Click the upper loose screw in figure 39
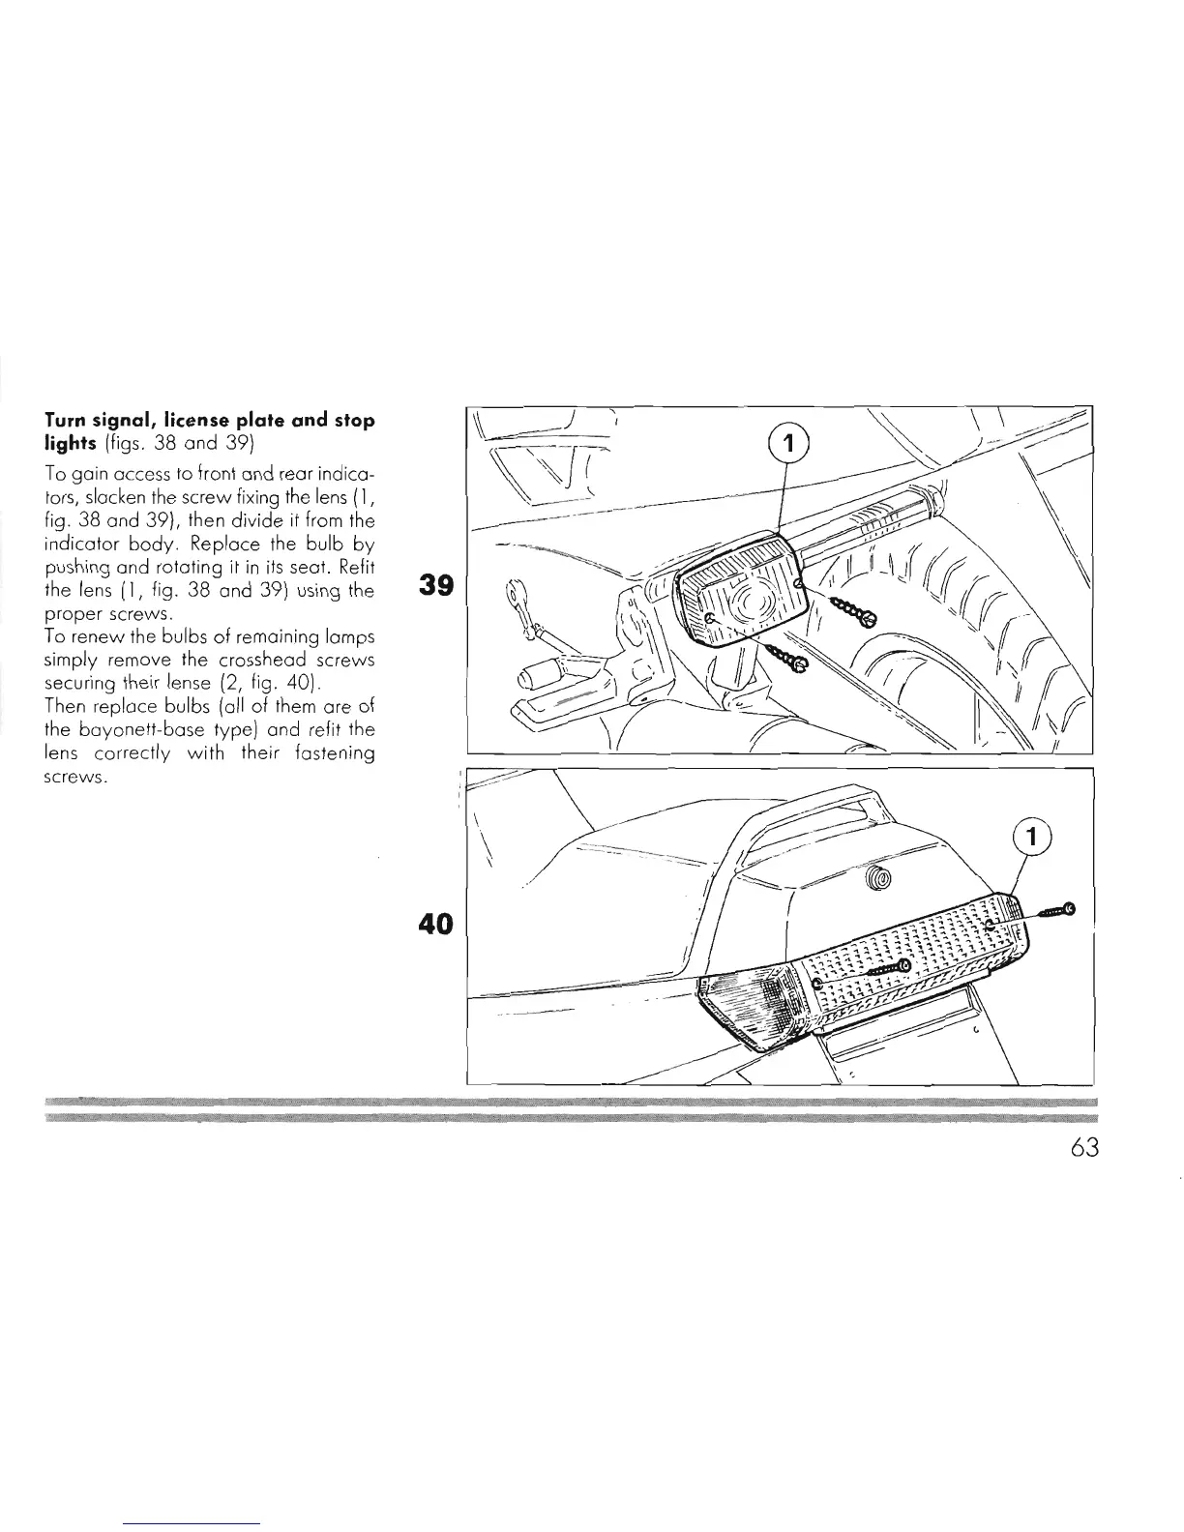tap(854, 608)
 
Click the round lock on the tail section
tap(879, 878)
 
